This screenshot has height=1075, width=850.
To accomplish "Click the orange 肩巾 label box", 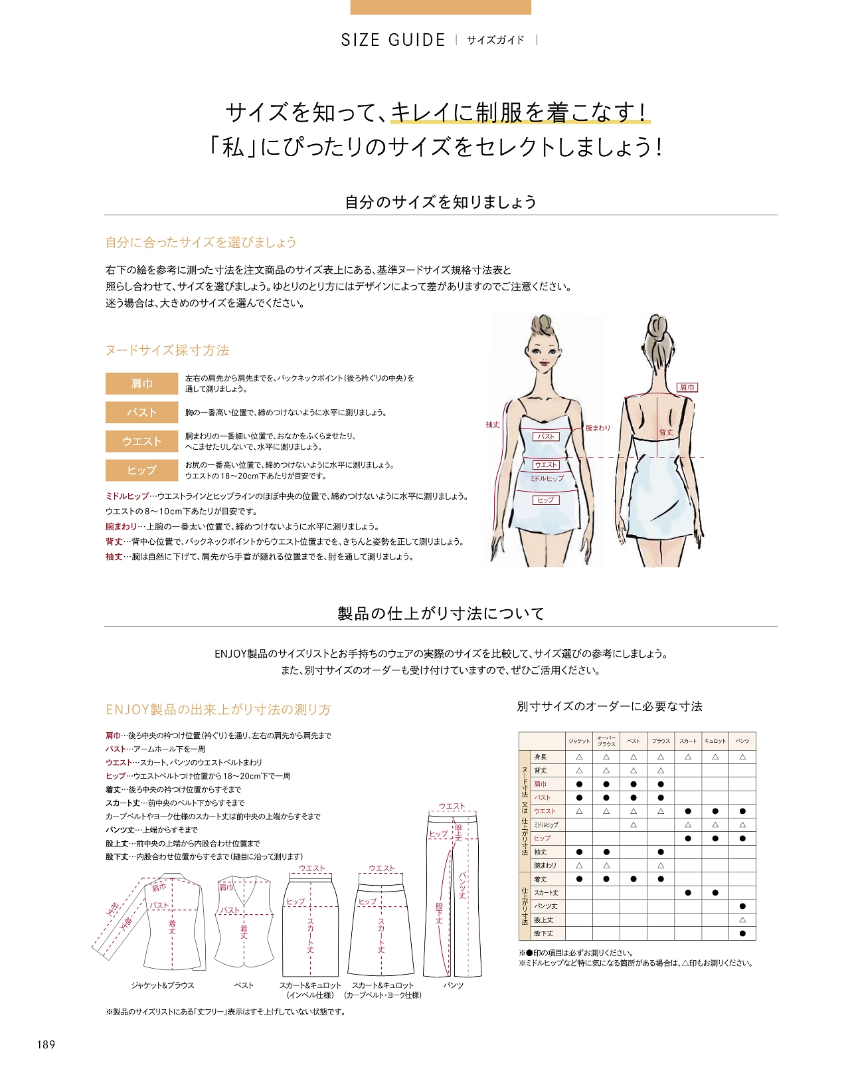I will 141,383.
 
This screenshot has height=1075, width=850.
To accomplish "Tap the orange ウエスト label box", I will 141,441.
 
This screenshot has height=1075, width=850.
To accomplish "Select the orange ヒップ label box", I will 141,470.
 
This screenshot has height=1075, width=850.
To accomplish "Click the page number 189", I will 46,1044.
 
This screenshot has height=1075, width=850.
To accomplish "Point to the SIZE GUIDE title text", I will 393,40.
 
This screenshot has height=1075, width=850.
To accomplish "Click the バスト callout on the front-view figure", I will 546,437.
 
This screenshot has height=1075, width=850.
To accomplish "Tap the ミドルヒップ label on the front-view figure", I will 547,478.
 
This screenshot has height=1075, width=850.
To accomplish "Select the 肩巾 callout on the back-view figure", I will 687,387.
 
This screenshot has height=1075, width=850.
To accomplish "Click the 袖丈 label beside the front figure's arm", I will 492,425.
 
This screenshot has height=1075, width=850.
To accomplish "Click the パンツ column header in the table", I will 742,741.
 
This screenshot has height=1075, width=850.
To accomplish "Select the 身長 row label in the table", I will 541,757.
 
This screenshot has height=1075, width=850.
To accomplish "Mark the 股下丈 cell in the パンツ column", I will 742,933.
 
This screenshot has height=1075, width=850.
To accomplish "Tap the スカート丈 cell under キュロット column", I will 715,893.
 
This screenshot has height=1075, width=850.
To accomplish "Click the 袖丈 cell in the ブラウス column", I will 661,852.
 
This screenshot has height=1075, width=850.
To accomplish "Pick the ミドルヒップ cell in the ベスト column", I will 634,825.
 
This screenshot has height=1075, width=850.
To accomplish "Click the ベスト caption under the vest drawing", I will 244,985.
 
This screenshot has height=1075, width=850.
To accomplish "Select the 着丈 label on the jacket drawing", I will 172,927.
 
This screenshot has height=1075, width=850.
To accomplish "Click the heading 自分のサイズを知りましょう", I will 440,202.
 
